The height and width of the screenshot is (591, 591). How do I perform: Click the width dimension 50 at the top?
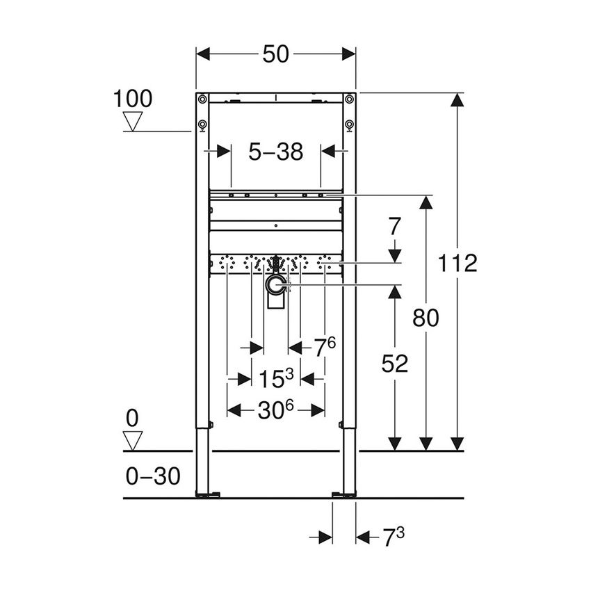tap(275, 54)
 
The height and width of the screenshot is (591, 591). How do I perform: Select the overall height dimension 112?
tap(458, 263)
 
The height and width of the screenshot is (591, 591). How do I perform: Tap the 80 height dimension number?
tap(426, 317)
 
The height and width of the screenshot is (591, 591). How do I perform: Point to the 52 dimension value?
tap(395, 364)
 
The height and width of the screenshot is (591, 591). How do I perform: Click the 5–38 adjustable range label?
tap(275, 152)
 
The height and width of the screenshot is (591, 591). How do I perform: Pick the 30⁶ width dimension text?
tap(276, 410)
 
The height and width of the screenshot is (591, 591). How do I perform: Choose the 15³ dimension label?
tap(276, 378)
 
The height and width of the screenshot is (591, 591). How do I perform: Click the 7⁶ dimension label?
tap(325, 347)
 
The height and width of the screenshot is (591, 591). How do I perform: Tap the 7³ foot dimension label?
tap(394, 537)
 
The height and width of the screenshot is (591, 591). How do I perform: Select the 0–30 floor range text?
tap(153, 476)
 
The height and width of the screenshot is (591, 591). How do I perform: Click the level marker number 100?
tap(133, 98)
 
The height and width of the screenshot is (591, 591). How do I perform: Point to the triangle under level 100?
tap(133, 121)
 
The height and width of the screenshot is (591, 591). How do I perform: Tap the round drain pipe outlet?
tap(276, 284)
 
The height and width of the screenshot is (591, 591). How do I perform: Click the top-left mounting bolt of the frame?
tap(202, 99)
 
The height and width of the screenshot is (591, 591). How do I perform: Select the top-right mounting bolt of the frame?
tap(350, 99)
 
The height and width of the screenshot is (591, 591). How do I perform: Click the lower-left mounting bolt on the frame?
tap(202, 124)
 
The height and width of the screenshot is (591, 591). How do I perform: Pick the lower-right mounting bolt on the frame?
tap(350, 124)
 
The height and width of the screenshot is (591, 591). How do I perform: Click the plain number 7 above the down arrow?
tap(394, 227)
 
